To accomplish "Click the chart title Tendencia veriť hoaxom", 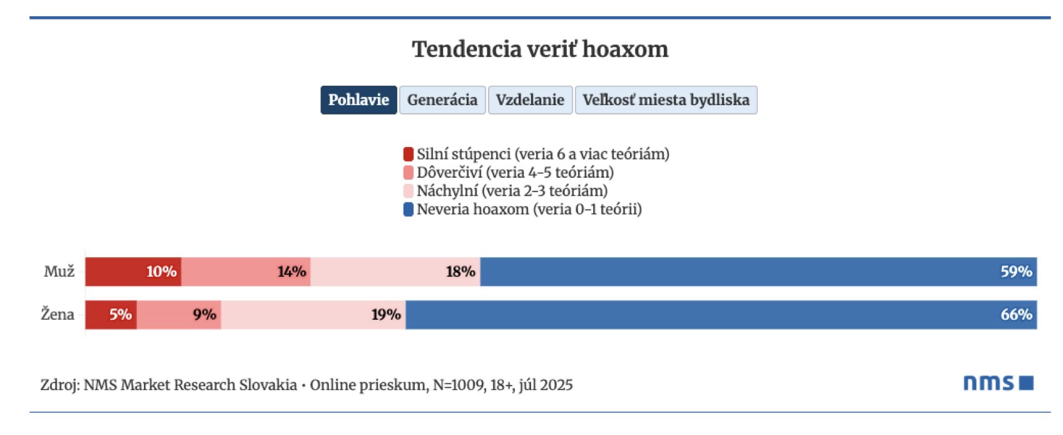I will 540,49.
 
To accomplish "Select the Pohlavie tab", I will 359,100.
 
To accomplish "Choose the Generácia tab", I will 442,100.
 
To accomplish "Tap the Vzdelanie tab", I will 530,100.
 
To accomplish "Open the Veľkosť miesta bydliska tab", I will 666,100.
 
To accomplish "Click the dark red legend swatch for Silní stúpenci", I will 409,154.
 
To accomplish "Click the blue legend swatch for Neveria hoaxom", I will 409,210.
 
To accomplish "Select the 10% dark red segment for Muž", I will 133,272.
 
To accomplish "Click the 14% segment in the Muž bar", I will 246,272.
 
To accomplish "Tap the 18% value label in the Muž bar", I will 460,272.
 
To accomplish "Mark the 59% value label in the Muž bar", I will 1016,272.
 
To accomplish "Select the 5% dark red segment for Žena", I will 111,314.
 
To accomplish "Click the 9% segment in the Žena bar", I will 179,314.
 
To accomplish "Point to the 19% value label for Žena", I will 386,314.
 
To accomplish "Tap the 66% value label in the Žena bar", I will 1016,314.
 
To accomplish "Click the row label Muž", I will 59,272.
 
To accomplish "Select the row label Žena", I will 58,314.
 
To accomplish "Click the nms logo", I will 998,383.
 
